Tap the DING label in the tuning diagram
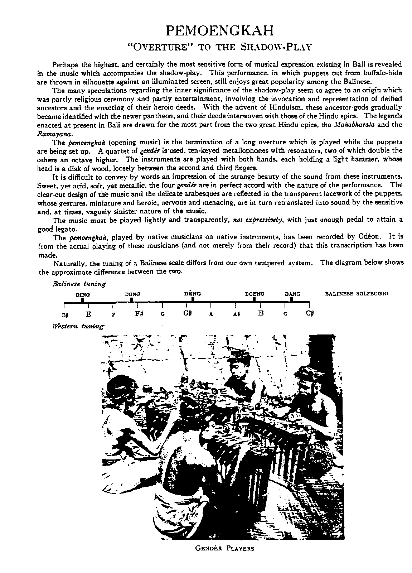(x=83, y=294)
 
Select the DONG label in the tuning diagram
(x=132, y=294)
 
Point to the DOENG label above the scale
(x=255, y=294)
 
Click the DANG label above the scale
(x=292, y=294)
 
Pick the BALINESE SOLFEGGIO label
(x=357, y=294)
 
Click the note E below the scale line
(x=89, y=314)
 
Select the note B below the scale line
(x=261, y=313)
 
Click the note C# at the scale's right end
(x=310, y=313)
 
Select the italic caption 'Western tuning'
(x=78, y=326)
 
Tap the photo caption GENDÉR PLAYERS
(x=225, y=548)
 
